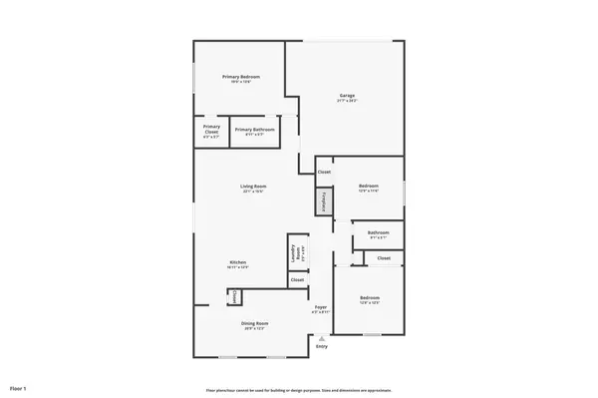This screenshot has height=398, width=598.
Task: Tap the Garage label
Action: coord(347,96)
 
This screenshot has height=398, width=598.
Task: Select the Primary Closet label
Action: coord(211,129)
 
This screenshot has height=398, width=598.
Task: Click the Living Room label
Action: coord(252,186)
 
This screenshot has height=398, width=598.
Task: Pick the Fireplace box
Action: coord(322,202)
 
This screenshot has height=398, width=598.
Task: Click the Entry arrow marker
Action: coord(321,338)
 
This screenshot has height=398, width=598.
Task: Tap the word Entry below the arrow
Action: coord(321,346)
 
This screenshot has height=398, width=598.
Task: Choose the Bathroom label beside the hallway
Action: coord(378,233)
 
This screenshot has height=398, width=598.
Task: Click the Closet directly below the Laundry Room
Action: coord(297,280)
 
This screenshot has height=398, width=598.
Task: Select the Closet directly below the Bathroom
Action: coord(384,258)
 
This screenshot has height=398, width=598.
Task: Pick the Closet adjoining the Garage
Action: coord(324,173)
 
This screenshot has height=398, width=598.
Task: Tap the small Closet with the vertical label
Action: coord(234,296)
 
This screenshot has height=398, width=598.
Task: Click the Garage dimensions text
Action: coord(347,101)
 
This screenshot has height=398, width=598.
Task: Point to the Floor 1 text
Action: coord(19,387)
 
